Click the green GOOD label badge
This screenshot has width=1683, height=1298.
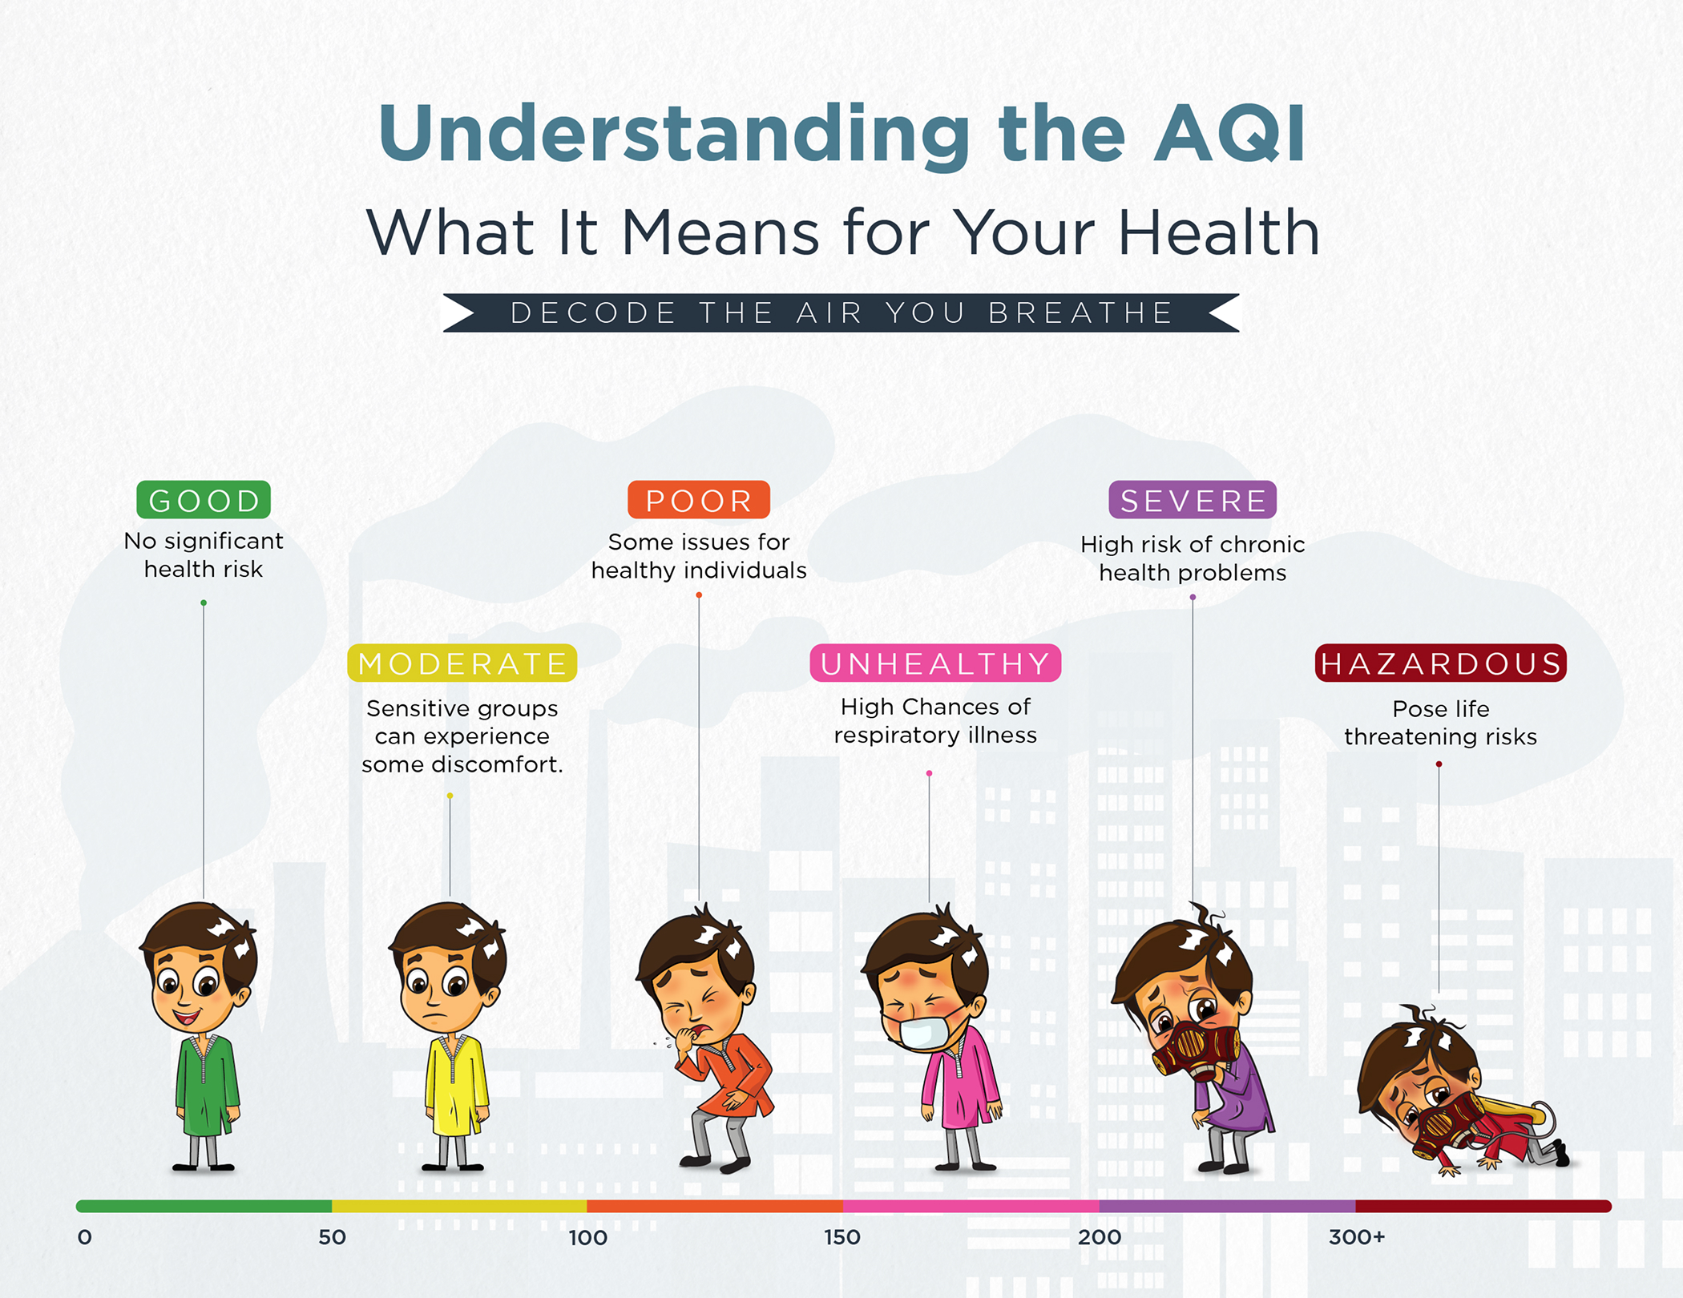pyautogui.click(x=204, y=500)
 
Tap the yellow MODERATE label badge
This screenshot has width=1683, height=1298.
pyautogui.click(x=462, y=663)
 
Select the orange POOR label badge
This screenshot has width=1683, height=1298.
pyautogui.click(x=698, y=500)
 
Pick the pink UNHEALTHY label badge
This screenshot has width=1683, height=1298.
pyautogui.click(x=935, y=663)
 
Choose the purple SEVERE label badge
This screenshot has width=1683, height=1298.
pyautogui.click(x=1193, y=500)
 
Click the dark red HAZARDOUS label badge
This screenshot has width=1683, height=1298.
pyautogui.click(x=1440, y=663)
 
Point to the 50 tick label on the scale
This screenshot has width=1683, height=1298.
pyautogui.click(x=332, y=1237)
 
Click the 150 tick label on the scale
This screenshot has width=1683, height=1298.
pyautogui.click(x=842, y=1237)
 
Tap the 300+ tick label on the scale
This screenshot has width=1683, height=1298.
pyautogui.click(x=1356, y=1237)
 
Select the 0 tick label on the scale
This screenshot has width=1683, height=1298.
pyautogui.click(x=84, y=1237)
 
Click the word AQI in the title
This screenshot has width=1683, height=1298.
pyautogui.click(x=1229, y=134)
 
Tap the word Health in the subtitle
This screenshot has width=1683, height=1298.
pyautogui.click(x=1218, y=232)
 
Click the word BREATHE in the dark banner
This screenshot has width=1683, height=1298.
pyautogui.click(x=1080, y=312)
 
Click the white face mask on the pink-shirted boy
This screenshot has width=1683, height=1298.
pyautogui.click(x=922, y=1034)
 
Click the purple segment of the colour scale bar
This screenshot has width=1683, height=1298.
pyautogui.click(x=1226, y=1206)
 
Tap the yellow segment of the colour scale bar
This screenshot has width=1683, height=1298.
pyautogui.click(x=459, y=1206)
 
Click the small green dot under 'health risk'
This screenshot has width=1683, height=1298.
pyautogui.click(x=204, y=603)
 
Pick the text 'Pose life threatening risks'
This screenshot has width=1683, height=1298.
pyautogui.click(x=1440, y=723)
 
